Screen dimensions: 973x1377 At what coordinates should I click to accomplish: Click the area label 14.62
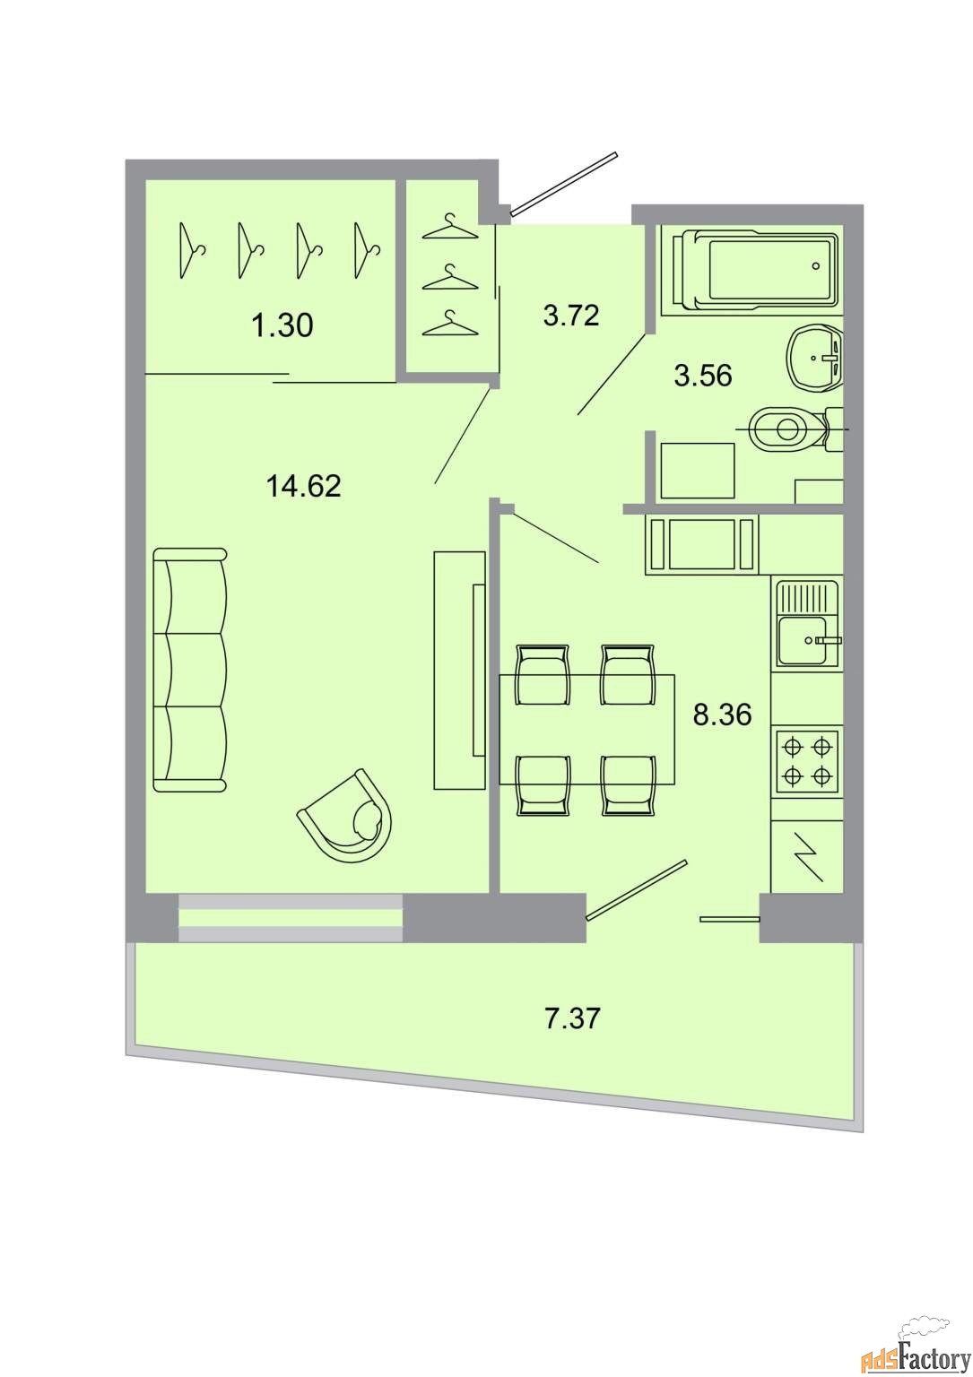[303, 486]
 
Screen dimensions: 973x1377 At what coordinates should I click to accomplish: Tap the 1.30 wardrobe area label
[282, 325]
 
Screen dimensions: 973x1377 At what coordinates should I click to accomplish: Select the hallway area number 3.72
[571, 316]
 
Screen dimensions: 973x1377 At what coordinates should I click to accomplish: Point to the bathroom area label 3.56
[703, 376]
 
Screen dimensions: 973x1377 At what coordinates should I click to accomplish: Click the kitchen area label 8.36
[723, 714]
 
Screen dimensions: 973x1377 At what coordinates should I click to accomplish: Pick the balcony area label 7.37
[572, 1019]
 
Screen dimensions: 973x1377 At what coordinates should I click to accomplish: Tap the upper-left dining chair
[542, 674]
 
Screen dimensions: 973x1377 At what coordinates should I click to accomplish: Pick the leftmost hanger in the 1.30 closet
[191, 250]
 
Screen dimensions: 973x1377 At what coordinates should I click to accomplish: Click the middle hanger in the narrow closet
[451, 277]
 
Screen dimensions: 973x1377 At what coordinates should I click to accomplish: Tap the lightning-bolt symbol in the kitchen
[807, 857]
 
